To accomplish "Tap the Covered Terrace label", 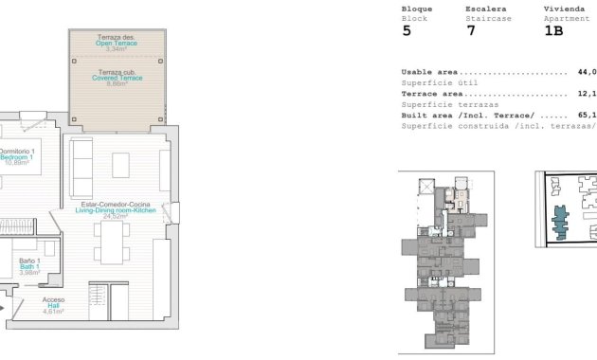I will [x=118, y=78].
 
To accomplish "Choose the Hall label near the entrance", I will [x=53, y=305].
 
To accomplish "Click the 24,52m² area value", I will [x=117, y=217].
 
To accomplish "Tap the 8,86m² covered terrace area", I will [x=118, y=84].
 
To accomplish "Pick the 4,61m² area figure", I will [x=53, y=312].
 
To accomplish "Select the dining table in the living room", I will [x=117, y=248].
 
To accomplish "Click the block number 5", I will [x=407, y=30].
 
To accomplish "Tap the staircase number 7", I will [x=470, y=30].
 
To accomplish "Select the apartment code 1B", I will [x=553, y=30].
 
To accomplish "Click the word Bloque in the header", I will [x=417, y=8].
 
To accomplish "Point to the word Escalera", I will [x=484, y=8].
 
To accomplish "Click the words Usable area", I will [x=431, y=72].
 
